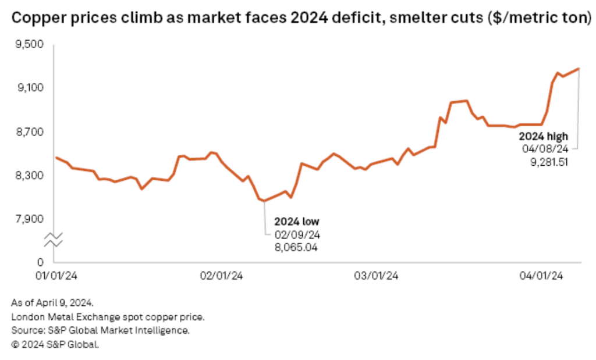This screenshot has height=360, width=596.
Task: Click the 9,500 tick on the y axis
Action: [29, 44]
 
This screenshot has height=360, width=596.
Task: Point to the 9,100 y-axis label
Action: [30, 88]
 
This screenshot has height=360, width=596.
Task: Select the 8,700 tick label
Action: [30, 132]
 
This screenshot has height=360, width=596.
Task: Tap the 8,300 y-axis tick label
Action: [30, 176]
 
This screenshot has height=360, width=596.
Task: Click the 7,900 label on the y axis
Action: [30, 219]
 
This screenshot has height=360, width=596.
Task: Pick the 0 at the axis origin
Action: [40, 262]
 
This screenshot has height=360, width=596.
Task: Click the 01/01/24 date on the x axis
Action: [56, 276]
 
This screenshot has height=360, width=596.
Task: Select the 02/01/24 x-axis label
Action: [221, 276]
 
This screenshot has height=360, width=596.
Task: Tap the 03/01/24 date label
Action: [376, 276]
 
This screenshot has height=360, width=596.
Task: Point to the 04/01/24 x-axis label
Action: [541, 276]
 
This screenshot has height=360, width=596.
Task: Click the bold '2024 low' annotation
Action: [297, 222]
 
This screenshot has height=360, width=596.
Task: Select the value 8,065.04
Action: [296, 248]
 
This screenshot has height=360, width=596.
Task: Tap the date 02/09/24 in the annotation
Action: [297, 235]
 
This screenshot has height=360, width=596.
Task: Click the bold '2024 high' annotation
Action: [544, 136]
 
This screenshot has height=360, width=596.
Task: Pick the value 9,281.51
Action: [549, 162]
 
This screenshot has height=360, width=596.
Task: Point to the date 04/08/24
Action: [545, 149]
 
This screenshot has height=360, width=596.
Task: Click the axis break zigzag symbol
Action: [53, 240]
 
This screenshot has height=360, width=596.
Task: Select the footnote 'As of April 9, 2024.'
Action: [52, 303]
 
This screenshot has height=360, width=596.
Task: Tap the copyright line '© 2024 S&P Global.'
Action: [55, 345]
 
